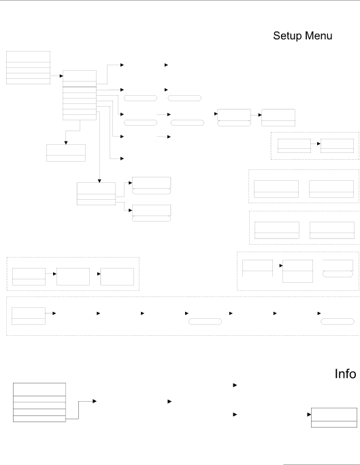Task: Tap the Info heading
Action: [x=345, y=374]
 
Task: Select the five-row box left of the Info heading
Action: [x=39, y=402]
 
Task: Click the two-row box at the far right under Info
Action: [x=334, y=417]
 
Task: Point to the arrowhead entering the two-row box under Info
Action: [x=309, y=415]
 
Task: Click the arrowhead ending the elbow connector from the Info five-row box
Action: [x=95, y=401]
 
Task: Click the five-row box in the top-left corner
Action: [x=28, y=67]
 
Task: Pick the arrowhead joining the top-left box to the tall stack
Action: [x=61, y=76]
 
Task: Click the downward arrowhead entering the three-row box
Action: [x=99, y=181]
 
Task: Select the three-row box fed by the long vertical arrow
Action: [x=96, y=194]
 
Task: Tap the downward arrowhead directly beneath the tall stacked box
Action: [x=66, y=143]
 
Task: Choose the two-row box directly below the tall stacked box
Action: [x=66, y=153]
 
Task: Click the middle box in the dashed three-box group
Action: [x=73, y=277]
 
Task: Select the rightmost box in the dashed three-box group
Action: [x=117, y=277]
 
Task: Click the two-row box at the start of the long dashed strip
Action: [x=29, y=316]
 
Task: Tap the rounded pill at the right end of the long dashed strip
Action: [x=338, y=322]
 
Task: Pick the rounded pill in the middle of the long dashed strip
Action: [x=205, y=322]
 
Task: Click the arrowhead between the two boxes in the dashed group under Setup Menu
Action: [x=318, y=143]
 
